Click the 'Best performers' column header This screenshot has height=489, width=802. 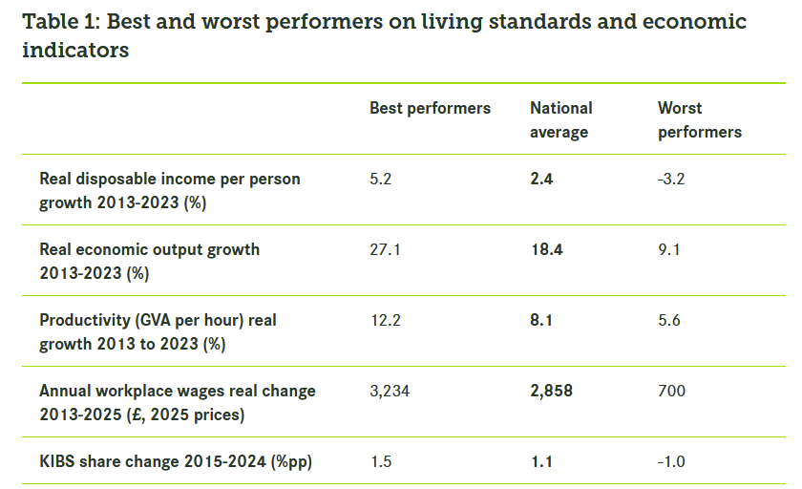(430, 108)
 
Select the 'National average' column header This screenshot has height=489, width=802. (561, 119)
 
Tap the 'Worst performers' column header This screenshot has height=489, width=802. (700, 119)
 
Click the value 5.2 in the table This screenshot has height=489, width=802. (381, 179)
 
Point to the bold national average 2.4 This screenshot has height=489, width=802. (542, 179)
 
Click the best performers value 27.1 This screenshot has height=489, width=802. (385, 249)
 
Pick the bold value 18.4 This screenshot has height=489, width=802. (546, 249)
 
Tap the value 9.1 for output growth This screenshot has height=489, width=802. (669, 249)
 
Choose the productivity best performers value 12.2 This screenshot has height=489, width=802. (385, 320)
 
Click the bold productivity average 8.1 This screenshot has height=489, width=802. (541, 320)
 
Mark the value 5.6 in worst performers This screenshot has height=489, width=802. (669, 320)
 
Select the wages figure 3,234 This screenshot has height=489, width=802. (390, 391)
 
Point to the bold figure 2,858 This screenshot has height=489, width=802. (552, 391)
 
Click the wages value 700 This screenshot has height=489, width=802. (671, 391)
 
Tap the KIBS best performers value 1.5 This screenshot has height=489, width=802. (380, 461)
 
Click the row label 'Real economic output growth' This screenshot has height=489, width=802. (149, 249)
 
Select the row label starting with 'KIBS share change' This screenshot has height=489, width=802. (176, 461)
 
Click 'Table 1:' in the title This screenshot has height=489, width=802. (60, 22)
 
